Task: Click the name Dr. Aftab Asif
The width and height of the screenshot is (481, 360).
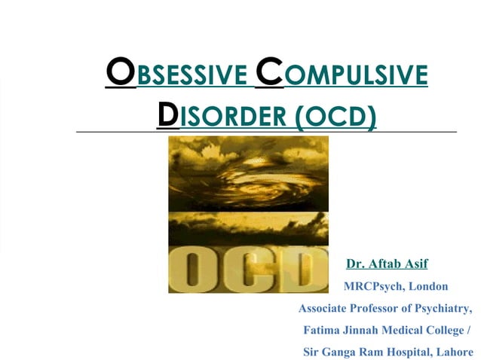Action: pos(387,264)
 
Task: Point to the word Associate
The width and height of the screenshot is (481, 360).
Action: pos(325,308)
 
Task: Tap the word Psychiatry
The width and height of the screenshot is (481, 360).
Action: pos(443,308)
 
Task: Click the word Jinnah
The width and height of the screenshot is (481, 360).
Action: pos(363,330)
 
